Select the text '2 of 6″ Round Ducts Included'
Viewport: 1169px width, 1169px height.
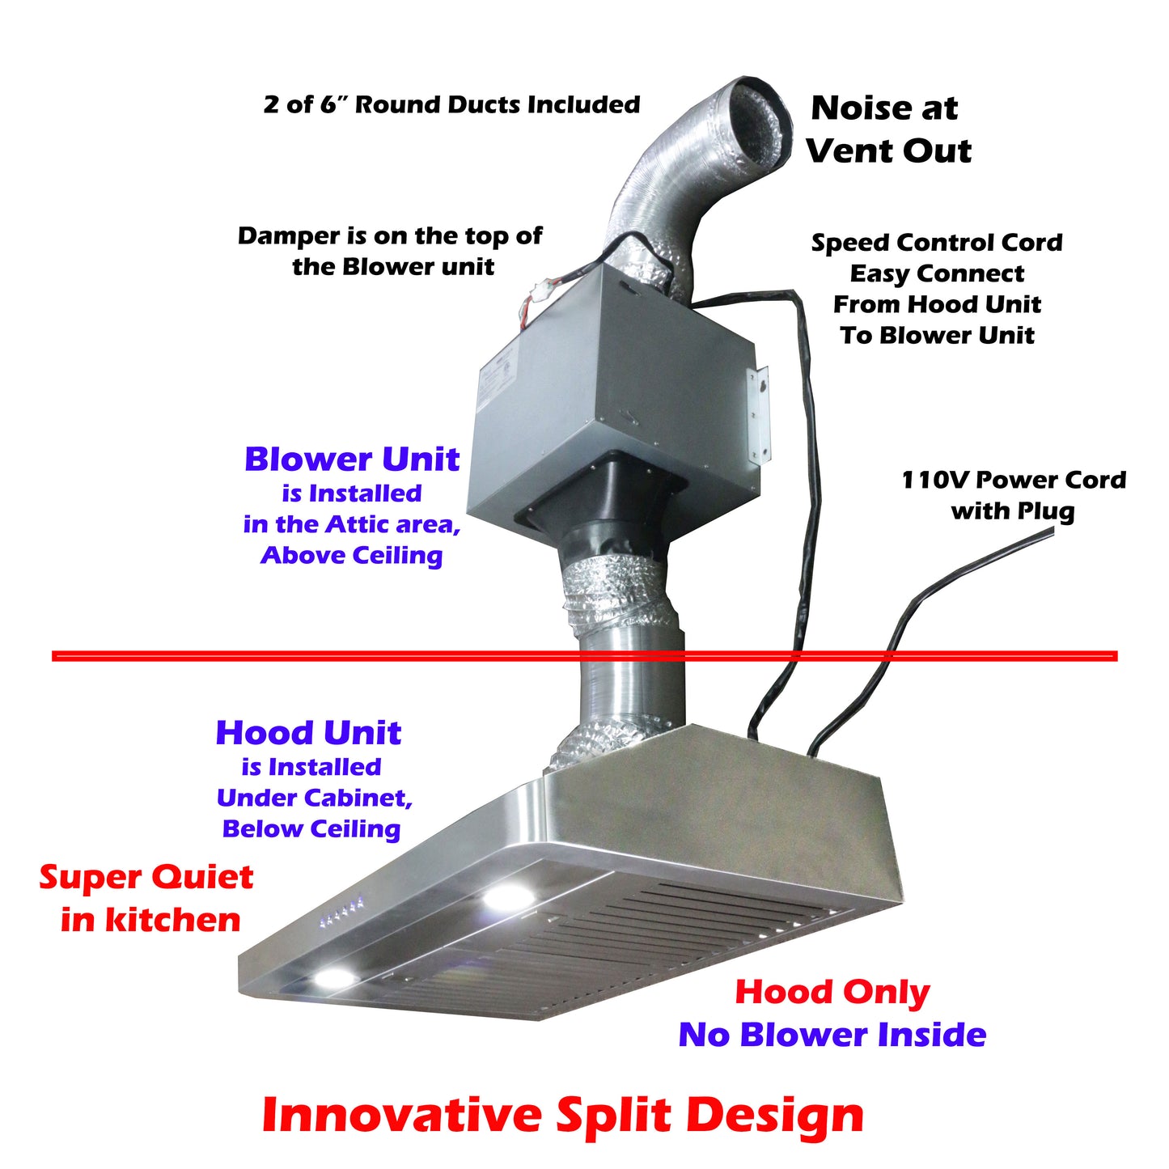(452, 104)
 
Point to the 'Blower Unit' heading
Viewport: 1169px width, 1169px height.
(352, 460)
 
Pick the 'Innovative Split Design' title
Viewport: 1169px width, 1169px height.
(562, 1115)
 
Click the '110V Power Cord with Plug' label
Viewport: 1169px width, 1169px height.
(1013, 495)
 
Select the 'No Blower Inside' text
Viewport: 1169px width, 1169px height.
(832, 1035)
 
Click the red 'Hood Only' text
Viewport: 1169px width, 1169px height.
(832, 993)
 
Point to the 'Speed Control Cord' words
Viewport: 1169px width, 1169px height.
(937, 243)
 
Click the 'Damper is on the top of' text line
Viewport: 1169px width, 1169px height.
(389, 235)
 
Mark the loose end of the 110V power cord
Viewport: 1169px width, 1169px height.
(1052, 529)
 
